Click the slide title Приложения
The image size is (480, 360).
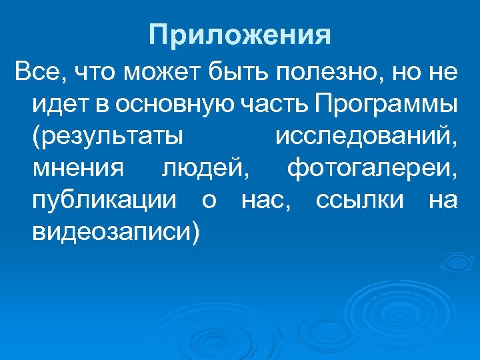tap(240, 35)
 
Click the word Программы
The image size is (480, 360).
tap(387, 105)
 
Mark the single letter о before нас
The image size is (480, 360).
tap(208, 201)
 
